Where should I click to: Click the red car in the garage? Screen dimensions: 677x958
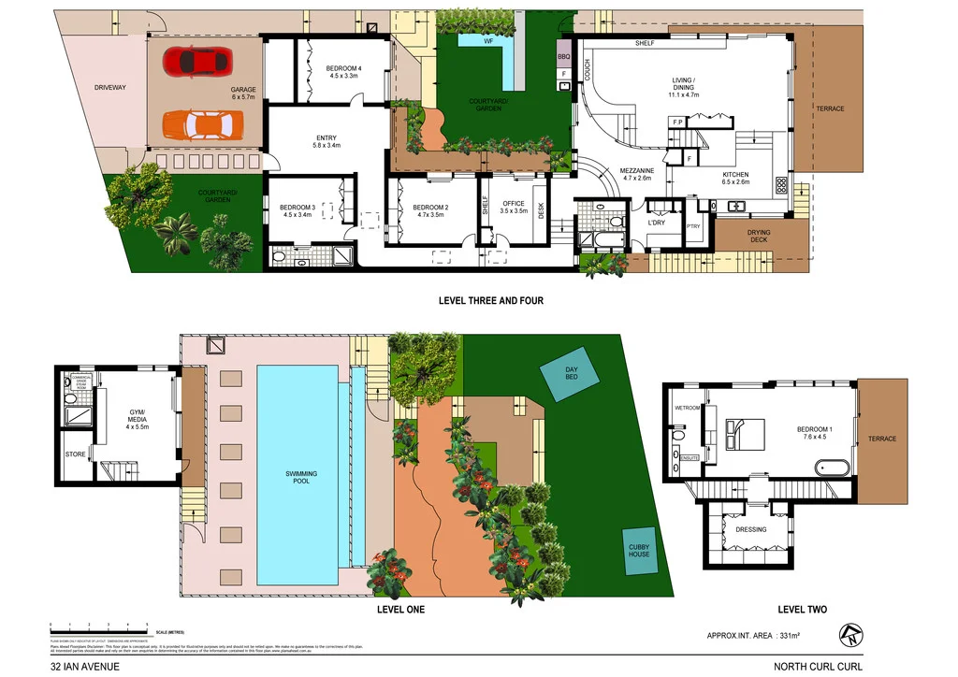click(x=196, y=62)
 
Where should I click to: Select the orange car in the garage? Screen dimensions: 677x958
click(x=201, y=124)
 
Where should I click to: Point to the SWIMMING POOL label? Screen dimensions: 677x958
click(x=301, y=479)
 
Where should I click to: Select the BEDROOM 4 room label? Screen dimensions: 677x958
click(x=342, y=73)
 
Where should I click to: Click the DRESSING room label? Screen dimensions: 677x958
click(x=750, y=529)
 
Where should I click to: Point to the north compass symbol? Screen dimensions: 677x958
click(x=850, y=634)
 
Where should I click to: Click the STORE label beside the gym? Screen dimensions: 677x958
click(x=76, y=454)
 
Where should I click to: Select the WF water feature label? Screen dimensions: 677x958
click(x=487, y=42)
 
